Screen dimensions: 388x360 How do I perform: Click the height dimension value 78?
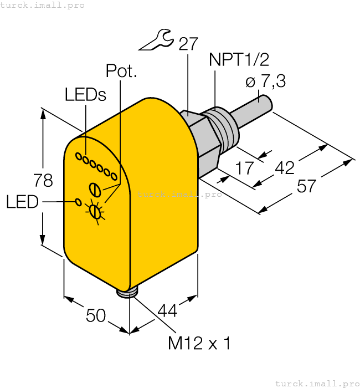point(43,181)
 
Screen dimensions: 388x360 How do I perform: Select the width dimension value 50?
point(96,316)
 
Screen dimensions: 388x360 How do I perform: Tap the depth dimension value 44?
point(167,312)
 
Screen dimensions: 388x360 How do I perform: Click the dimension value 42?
point(285,167)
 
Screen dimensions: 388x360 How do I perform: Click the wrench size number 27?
point(187,44)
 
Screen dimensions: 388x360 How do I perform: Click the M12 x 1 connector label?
point(199,343)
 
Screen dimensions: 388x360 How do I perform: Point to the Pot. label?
point(121,72)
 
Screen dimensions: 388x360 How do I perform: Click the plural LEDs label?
point(85,95)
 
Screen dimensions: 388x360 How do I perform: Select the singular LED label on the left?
point(22,202)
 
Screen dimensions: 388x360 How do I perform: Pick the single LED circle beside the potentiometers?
point(78,202)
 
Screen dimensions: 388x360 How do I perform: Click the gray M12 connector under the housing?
point(129,292)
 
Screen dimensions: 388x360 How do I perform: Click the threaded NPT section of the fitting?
point(218,129)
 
